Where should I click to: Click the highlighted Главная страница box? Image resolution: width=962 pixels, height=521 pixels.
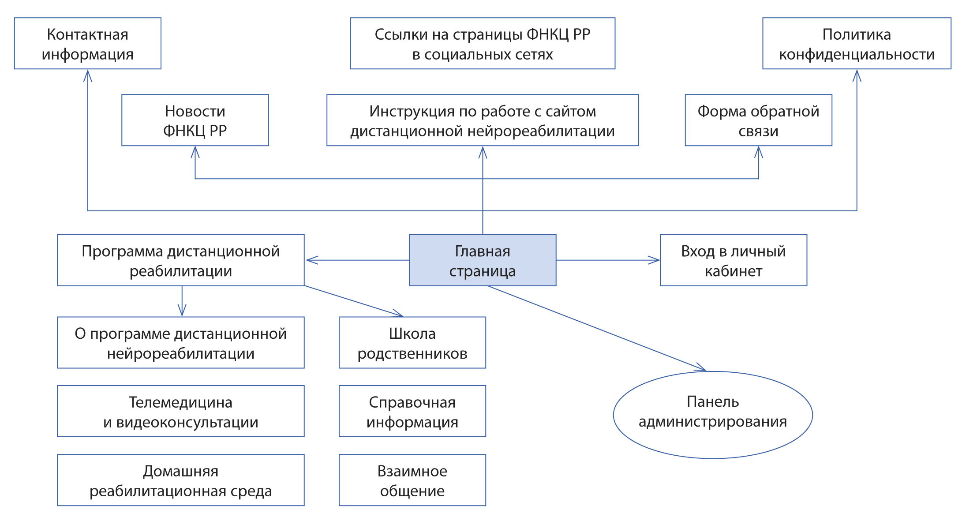click(483, 260)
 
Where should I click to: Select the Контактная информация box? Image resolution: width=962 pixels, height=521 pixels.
click(87, 44)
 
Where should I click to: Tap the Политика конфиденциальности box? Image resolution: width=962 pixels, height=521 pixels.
click(857, 44)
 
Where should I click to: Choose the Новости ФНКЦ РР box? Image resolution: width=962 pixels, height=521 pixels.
click(195, 120)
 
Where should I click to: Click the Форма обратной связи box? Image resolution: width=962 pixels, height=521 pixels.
click(758, 120)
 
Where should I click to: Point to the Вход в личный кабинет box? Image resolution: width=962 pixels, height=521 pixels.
click(733, 260)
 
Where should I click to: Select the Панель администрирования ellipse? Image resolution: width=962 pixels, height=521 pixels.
click(713, 415)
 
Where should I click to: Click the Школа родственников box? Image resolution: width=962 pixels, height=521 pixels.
click(412, 343)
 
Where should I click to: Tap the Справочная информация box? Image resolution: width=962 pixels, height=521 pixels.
click(412, 411)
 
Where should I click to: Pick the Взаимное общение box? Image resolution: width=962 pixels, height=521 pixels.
click(412, 480)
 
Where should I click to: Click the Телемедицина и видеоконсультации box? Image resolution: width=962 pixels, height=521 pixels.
click(181, 411)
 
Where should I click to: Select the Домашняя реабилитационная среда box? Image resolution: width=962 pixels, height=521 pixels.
click(181, 480)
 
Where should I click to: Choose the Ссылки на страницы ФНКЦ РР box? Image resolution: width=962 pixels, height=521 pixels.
click(483, 44)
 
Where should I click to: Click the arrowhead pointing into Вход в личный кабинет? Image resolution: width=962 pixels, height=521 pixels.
click(655, 260)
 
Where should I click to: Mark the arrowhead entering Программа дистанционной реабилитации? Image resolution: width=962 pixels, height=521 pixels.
click(311, 260)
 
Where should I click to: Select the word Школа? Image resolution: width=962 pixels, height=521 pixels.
click(412, 334)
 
